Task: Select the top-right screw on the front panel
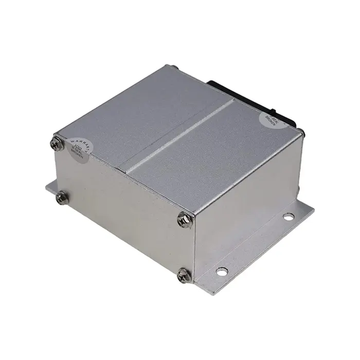(x=184, y=220)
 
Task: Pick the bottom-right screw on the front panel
(x=184, y=275)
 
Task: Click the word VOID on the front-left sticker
(x=77, y=149)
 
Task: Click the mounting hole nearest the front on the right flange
(x=221, y=271)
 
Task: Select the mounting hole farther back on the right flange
(x=288, y=216)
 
